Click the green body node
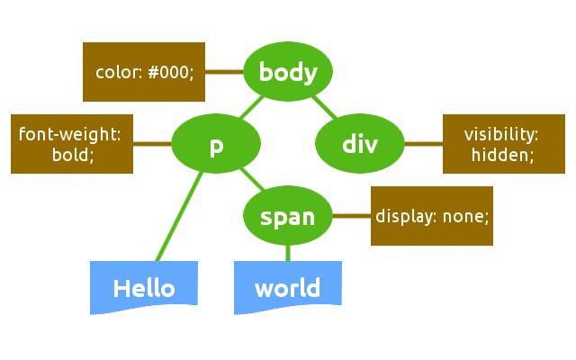tap(288, 72)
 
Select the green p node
tap(216, 144)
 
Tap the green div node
tap(360, 144)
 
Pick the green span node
tap(288, 216)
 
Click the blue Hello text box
tap(144, 287)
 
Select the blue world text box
tap(288, 287)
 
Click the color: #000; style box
tap(144, 72)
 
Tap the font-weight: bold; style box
tap(72, 144)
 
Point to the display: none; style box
tap(432, 216)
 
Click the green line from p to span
tap(252, 180)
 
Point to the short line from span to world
tap(288, 253)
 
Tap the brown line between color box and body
tap(225, 72)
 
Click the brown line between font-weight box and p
tap(153, 144)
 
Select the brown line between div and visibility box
tap(423, 144)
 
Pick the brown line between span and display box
tap(351, 216)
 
